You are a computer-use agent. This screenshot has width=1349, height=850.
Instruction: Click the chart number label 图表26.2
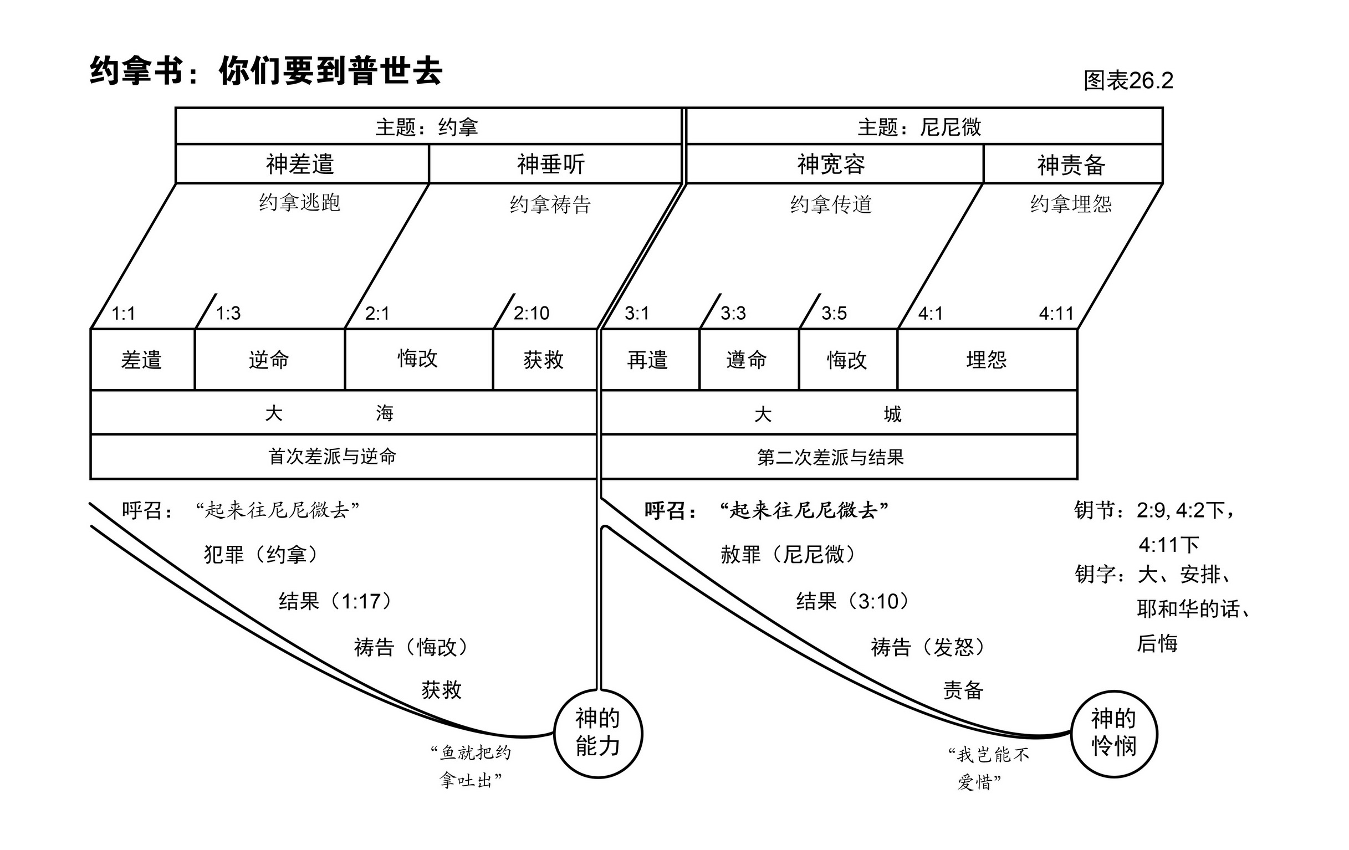pyautogui.click(x=1128, y=81)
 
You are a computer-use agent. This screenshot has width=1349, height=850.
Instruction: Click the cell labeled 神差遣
pyautogui.click(x=300, y=165)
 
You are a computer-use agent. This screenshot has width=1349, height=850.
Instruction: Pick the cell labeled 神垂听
pyautogui.click(x=551, y=165)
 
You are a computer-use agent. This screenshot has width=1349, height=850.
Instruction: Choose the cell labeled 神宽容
pyautogui.click(x=831, y=165)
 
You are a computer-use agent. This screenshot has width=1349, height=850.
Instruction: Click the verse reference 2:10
pyautogui.click(x=531, y=313)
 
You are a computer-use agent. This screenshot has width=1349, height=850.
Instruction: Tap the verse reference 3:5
pyautogui.click(x=834, y=313)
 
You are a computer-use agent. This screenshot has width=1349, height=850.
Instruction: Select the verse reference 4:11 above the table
pyautogui.click(x=1056, y=313)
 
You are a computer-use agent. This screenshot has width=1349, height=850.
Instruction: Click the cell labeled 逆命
pyautogui.click(x=269, y=360)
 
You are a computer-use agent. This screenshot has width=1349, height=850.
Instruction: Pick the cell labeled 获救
pyautogui.click(x=543, y=360)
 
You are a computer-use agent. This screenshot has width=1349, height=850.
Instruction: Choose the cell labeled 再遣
pyautogui.click(x=647, y=360)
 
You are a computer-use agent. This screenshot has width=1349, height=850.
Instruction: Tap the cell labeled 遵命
pyautogui.click(x=746, y=360)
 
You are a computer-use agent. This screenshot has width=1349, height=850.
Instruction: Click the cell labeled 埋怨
pyautogui.click(x=987, y=360)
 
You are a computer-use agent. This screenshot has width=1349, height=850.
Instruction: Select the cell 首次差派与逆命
pyautogui.click(x=332, y=457)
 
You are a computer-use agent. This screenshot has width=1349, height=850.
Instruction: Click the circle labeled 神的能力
pyautogui.click(x=598, y=733)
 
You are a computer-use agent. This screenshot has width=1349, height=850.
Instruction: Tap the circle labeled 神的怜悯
pyautogui.click(x=1113, y=733)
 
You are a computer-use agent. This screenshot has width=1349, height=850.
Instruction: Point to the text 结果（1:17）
pyautogui.click(x=335, y=601)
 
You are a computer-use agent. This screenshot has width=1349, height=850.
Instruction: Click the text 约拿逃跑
pyautogui.click(x=300, y=203)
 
